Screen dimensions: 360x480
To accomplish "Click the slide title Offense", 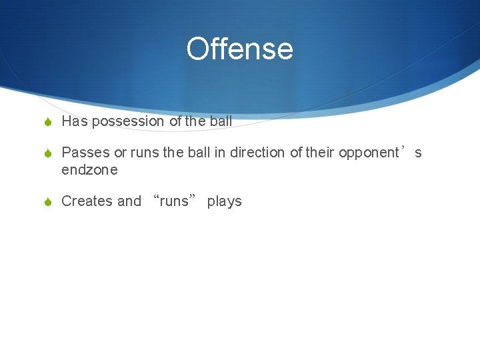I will [x=239, y=49].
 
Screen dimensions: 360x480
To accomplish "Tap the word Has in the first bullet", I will [x=75, y=121].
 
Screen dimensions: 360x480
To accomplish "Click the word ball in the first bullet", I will [x=221, y=121].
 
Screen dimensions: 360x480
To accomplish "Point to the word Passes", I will [x=85, y=153].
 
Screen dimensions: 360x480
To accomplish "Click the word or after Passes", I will [x=120, y=153].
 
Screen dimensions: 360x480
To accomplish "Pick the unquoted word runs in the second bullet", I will [x=145, y=153].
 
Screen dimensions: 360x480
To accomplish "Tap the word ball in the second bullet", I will [x=199, y=153].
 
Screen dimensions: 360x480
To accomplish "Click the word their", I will [x=319, y=153].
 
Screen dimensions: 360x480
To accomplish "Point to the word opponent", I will [x=368, y=153].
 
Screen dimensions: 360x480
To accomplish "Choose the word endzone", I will [x=89, y=170].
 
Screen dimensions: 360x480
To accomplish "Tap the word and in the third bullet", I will [x=129, y=201].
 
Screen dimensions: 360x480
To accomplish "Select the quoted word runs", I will [x=174, y=201].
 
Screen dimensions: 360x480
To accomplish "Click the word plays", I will [x=224, y=201].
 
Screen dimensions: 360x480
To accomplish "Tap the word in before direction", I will [x=219, y=153].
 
